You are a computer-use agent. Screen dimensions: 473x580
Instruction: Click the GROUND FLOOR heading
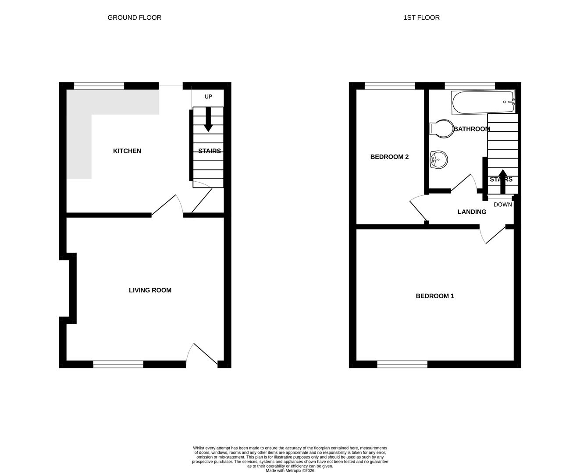pos(134,18)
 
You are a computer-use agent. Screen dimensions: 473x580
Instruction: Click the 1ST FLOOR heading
pos(421,18)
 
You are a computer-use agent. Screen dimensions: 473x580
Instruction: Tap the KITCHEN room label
pos(127,151)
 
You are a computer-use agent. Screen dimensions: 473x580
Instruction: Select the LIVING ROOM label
pos(150,290)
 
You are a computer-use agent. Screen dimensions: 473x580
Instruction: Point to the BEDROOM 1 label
pos(435,296)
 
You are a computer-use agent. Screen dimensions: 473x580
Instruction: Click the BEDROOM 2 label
pos(389,157)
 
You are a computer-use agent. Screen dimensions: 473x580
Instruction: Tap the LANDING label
pos(472,212)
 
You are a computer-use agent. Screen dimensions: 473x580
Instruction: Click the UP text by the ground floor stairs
pos(208,96)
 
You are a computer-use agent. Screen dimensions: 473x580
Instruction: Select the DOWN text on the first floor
pos(502,205)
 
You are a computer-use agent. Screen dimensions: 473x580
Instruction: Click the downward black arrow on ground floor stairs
pos(208,119)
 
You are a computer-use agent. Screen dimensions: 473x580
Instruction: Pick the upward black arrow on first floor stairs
pos(502,181)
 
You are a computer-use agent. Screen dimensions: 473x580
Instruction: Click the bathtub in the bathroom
pos(483,102)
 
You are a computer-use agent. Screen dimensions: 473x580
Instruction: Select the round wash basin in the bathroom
pos(439,159)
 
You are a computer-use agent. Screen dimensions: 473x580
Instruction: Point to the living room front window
pos(118,364)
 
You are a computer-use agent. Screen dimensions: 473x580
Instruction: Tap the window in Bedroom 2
pos(389,86)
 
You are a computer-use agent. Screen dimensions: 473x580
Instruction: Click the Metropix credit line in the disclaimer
pos(290,471)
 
